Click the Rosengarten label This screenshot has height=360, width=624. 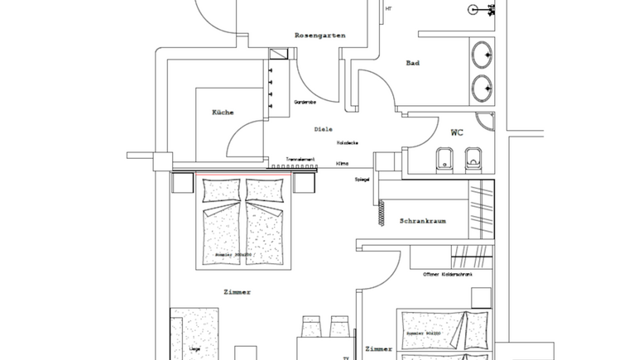[319, 36]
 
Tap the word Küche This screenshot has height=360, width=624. [222, 113]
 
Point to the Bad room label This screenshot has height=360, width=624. [414, 64]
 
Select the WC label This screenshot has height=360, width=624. [457, 132]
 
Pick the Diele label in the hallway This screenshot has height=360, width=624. [323, 130]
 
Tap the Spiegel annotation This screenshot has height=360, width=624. [362, 179]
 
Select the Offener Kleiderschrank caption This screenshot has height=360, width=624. [447, 274]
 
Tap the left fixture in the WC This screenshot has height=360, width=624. [444, 158]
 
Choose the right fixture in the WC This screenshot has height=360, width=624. [473, 157]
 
